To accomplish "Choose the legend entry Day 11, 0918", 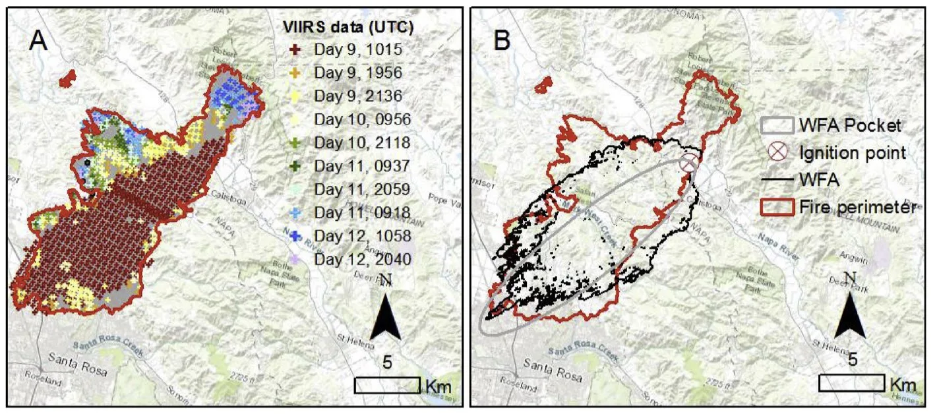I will (x=351, y=212).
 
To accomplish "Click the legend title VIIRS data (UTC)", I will (x=343, y=26).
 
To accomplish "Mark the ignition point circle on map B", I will (x=689, y=162).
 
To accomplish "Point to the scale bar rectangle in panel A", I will (x=387, y=385).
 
